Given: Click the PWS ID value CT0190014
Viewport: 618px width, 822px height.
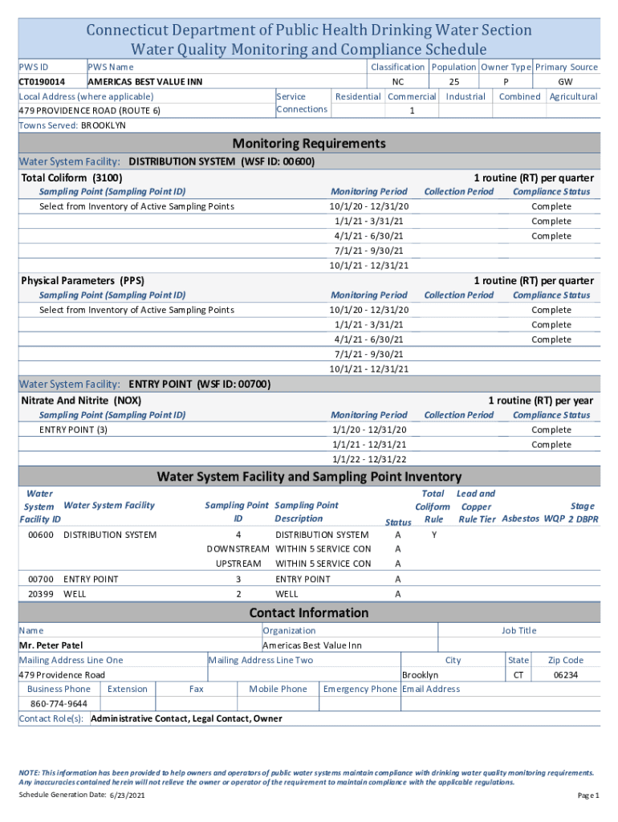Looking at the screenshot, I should (x=42, y=82).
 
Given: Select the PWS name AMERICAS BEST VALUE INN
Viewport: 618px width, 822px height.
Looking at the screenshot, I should (x=144, y=82).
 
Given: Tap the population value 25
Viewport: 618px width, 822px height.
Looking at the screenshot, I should (x=454, y=82).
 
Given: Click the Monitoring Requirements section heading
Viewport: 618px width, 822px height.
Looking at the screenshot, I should (x=308, y=144).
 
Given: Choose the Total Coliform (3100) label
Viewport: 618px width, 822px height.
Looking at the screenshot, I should (x=71, y=177).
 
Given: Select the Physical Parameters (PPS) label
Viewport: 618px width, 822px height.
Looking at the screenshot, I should (x=83, y=281).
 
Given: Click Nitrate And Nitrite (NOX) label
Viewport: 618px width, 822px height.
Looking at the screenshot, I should (x=81, y=400).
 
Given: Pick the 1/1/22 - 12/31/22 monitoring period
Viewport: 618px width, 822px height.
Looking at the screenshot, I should (x=369, y=459).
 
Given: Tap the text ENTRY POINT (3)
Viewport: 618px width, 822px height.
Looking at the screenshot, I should (x=73, y=430).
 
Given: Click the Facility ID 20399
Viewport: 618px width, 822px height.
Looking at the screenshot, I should (x=40, y=594).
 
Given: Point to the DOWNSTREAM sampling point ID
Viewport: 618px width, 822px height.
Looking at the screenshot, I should (x=238, y=549).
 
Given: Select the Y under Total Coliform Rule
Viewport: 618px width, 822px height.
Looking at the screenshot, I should (x=433, y=535).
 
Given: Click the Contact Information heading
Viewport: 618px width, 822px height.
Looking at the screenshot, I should (x=309, y=613).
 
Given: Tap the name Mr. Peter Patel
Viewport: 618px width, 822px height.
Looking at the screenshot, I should (x=51, y=645).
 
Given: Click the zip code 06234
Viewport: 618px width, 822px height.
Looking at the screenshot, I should (x=566, y=675).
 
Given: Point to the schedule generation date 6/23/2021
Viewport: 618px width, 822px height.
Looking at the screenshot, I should (x=127, y=796).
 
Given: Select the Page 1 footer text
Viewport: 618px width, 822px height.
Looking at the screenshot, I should (x=588, y=796).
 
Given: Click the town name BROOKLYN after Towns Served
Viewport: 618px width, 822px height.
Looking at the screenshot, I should (x=104, y=126).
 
